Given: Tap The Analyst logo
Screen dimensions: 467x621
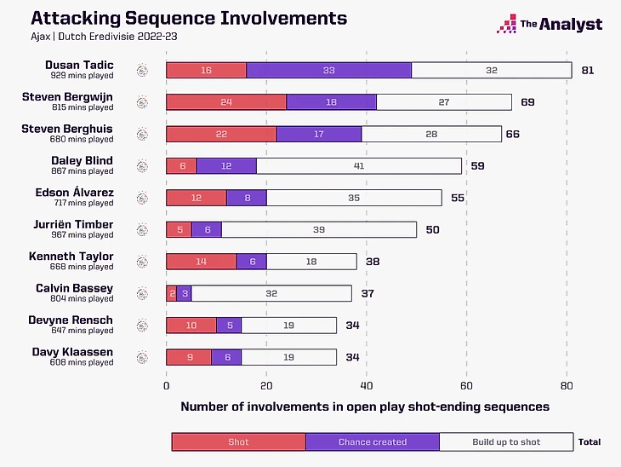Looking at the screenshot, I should tap(549, 25).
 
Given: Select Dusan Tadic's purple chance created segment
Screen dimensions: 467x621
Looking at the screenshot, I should tap(328, 70).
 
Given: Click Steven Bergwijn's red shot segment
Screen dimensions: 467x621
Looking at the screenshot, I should tap(225, 102).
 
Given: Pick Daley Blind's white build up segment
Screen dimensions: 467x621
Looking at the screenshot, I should tap(358, 165).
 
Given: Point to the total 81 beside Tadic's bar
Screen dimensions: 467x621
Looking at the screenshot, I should tap(587, 70).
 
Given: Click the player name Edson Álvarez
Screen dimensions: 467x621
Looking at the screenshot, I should tap(74, 193).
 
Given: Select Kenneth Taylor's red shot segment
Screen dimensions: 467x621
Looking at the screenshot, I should tap(201, 261).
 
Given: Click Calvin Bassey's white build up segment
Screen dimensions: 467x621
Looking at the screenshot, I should tap(271, 293).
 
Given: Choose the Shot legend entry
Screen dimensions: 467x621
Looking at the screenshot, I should tap(238, 442).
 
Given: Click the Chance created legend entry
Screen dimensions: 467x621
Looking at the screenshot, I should tap(373, 442).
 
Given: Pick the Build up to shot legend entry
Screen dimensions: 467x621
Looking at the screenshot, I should tap(506, 442).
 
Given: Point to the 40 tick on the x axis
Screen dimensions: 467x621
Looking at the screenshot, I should tap(367, 385).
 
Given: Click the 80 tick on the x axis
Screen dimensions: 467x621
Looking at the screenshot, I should tap(567, 385).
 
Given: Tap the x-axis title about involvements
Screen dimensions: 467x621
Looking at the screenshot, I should tap(365, 407).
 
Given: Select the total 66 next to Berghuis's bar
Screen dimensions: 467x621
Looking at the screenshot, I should tap(513, 134).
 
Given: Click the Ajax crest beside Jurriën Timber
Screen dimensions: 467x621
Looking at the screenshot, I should tap(142, 229).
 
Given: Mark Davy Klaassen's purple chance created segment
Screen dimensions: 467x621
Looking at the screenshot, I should tap(226, 357).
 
